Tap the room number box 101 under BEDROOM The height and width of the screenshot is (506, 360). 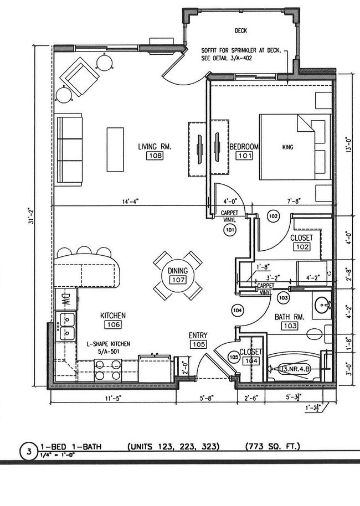[x=244, y=156]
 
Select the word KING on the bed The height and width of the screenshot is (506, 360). [x=287, y=147]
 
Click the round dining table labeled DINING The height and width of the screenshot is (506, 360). [x=178, y=275]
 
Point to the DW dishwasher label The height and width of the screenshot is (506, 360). [x=65, y=300]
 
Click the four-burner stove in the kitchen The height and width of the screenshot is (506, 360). [x=108, y=370]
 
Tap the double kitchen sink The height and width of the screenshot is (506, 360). [x=65, y=326]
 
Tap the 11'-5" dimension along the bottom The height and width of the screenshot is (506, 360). [x=114, y=397]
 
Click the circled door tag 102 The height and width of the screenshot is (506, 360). [x=272, y=216]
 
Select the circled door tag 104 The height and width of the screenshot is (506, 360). [x=238, y=309]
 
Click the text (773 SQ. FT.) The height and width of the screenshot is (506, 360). [x=272, y=446]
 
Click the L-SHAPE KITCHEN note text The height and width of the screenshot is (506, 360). [x=109, y=343]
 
